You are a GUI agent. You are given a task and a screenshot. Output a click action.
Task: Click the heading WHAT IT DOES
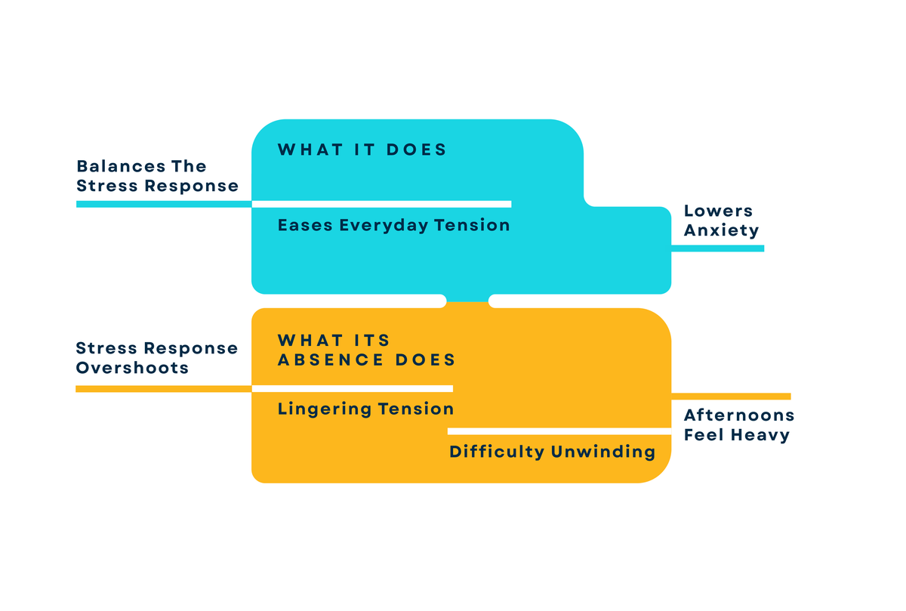coord(362,150)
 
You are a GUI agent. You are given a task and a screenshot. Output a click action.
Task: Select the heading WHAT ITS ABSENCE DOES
coord(366,350)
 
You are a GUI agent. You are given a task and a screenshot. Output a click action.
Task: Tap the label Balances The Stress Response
coord(157,176)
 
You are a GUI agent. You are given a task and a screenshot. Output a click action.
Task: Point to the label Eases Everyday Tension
coord(393,225)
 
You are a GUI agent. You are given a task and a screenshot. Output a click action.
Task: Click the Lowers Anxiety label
coord(721,221)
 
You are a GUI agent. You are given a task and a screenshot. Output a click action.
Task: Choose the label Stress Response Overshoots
coord(157,358)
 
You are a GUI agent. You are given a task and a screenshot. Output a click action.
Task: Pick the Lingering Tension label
coord(365,409)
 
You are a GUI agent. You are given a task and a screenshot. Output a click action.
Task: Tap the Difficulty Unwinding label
coord(552,452)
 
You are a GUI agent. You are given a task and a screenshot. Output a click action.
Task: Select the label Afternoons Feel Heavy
coord(739,425)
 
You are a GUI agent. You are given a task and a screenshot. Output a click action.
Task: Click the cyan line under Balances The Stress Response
coord(164,205)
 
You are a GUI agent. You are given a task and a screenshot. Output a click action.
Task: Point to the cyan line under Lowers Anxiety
coord(717,248)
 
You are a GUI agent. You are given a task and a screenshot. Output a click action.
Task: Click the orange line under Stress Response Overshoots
coord(163,389)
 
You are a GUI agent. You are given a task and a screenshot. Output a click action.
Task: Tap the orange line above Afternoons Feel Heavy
coord(731,397)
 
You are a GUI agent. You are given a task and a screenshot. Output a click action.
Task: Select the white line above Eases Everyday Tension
coord(381,205)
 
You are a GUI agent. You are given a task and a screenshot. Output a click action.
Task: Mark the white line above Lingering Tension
coord(353,389)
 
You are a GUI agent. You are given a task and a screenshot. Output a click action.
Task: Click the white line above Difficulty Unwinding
coord(559,431)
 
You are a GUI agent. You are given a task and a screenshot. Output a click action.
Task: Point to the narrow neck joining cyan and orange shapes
coord(467,301)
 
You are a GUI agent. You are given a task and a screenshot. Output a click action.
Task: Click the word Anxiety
coord(721,230)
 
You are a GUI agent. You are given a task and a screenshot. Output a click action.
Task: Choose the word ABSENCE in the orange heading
coord(331,360)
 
